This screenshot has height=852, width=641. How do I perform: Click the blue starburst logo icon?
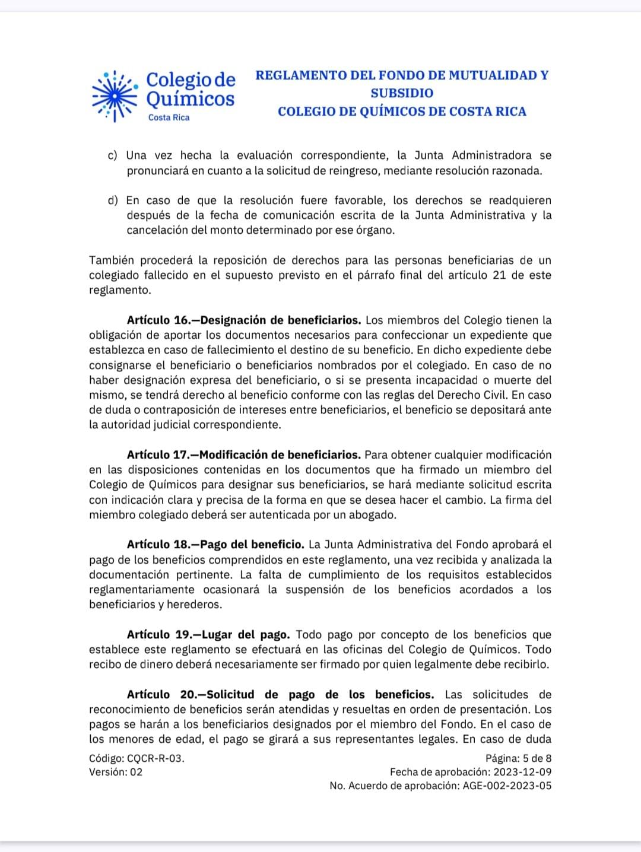pos(115,96)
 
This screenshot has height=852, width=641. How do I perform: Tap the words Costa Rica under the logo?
pos(169,117)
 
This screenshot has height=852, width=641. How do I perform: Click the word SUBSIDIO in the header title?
pos(402,93)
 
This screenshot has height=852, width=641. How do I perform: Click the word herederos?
pos(198,605)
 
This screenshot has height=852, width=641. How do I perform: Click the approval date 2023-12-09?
pos(522,772)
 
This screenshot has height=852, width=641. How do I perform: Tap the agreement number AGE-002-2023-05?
pos(506,786)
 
